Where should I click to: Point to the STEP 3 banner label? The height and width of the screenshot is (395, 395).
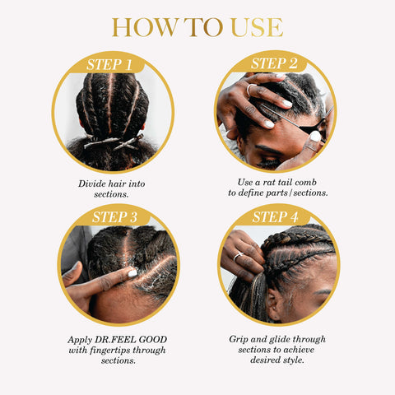pos(114,217)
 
